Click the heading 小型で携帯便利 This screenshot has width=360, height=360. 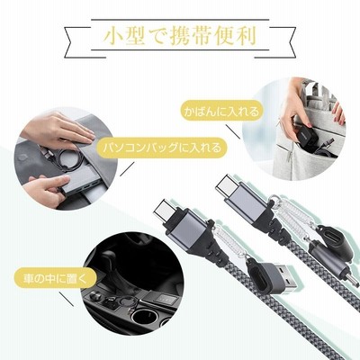(180, 37)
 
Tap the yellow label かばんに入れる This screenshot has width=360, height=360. (220, 112)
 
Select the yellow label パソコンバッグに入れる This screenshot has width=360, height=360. (161, 148)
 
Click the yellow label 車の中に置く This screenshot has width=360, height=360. (55, 278)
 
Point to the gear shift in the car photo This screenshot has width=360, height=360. (111, 263)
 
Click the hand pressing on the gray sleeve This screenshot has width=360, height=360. (57, 127)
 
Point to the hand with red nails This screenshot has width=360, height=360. (340, 113)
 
